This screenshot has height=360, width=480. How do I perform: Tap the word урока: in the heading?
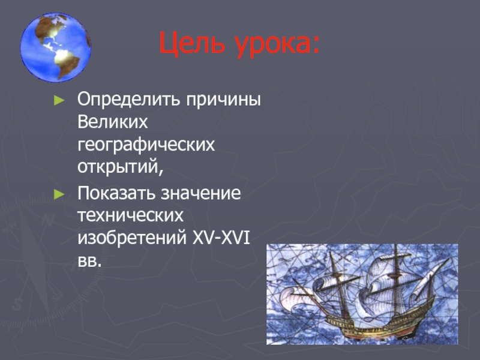point(277,46)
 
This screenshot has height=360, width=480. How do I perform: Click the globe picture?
point(55,47)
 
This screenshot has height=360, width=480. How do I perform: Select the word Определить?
point(128,100)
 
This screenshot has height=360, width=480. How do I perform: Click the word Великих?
point(112,122)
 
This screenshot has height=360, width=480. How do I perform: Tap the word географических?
point(146,145)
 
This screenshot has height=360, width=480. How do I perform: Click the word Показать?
point(116,193)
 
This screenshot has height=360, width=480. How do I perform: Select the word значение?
point(201,193)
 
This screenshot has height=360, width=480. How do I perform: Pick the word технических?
point(130,215)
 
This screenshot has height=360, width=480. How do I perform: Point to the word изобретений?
point(132,238)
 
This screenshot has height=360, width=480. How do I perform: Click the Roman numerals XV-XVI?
point(221,238)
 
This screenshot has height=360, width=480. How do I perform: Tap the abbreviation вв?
point(89,261)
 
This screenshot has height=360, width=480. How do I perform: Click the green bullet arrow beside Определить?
point(59,100)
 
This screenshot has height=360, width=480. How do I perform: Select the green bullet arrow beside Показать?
point(59,194)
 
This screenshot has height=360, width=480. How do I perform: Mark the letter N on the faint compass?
point(47,220)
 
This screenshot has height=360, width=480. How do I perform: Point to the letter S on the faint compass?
point(17,304)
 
